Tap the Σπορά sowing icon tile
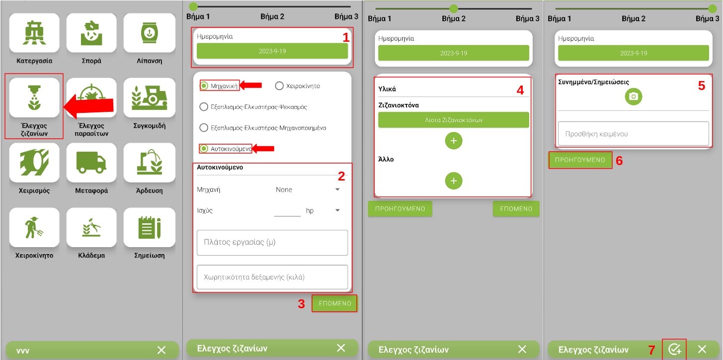pos(91,33)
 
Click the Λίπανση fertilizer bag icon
pos(149,33)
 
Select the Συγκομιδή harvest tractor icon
pos(149,97)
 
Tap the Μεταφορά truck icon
pos(91,163)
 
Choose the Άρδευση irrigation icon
pos(149,163)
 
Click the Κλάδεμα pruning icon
pos(91,227)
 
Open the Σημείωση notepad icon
pos(149,227)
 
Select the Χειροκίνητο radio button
pos(279,86)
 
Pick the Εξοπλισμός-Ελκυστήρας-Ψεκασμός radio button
pos(204,107)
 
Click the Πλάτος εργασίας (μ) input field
pos(272,243)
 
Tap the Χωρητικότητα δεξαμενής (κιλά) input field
pos(272,277)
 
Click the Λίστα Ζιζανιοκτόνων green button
pos(454,120)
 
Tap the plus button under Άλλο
pos(454,180)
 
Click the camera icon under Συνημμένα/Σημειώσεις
pos(633,96)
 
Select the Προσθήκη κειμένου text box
pos(633,134)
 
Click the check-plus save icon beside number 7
pos(674,349)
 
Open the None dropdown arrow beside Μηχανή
pos(337,189)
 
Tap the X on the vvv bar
pos(161,350)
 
